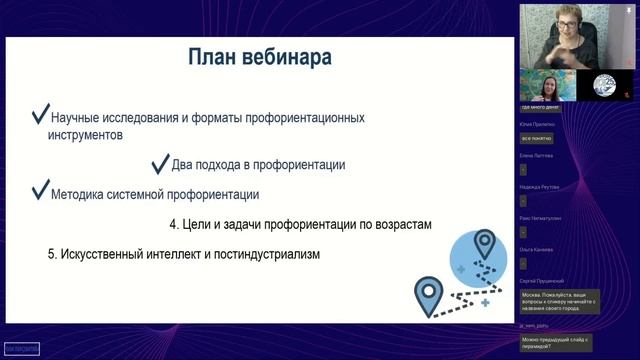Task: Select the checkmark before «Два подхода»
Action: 158,163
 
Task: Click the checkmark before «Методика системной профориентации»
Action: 40,191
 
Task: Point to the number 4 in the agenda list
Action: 173,225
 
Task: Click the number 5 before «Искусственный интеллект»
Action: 51,255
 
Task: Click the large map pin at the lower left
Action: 430,294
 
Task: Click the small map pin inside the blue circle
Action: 485,244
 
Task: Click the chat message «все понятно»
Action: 537,138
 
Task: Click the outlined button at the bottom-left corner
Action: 21,347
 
